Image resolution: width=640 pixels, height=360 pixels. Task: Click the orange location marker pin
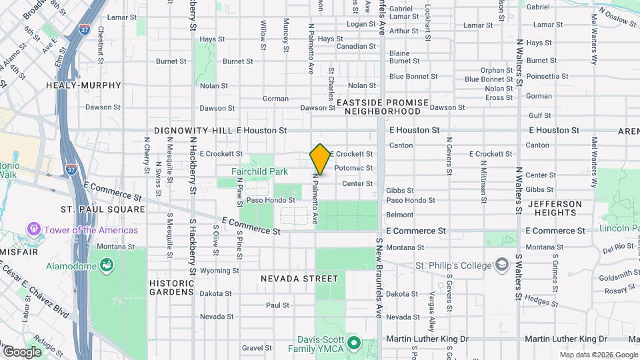(x=320, y=159)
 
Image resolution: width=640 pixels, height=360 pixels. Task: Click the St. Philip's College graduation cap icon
(x=501, y=265)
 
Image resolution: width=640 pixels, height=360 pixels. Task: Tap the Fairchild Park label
(x=259, y=171)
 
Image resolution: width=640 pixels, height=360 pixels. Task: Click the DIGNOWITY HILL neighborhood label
(x=191, y=131)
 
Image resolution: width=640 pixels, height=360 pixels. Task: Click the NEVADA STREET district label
(x=299, y=278)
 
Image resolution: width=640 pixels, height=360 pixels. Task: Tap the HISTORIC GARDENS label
(x=172, y=287)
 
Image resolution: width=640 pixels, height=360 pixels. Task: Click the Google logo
(x=22, y=352)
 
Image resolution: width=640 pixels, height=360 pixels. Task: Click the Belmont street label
(x=400, y=215)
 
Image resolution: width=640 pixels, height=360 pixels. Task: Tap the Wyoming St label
(x=219, y=271)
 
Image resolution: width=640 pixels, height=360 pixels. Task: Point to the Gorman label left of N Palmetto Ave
(x=275, y=99)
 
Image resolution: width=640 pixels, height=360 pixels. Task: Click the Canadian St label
(x=355, y=47)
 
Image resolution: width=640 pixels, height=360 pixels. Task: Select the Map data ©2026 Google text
(x=598, y=355)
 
